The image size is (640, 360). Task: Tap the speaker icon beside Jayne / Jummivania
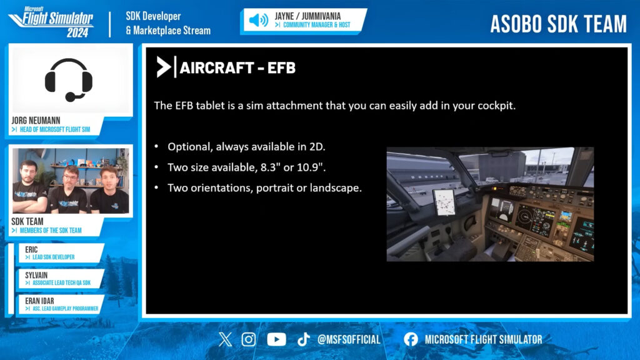(258, 20)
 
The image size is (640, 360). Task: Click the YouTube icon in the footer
(276, 339)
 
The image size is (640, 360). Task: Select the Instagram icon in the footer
(248, 339)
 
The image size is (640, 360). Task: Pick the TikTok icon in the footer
(303, 339)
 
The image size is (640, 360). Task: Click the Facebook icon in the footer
(411, 339)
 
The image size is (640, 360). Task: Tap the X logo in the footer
(225, 339)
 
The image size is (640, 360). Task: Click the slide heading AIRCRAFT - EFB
(237, 67)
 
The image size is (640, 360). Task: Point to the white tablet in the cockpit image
(444, 202)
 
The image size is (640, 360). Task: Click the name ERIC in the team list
(31, 249)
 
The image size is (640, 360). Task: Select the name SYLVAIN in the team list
(36, 275)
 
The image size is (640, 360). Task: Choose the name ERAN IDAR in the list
(39, 301)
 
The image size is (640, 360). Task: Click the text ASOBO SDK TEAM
(558, 24)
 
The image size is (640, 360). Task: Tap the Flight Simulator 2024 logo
(52, 22)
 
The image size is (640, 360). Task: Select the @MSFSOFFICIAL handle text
(349, 339)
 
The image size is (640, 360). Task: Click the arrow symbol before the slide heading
(164, 67)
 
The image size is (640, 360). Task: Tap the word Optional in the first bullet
(190, 147)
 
